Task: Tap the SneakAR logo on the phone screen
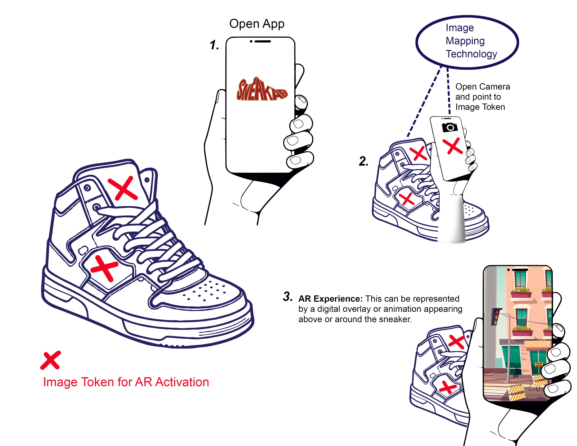262,90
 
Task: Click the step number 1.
214,45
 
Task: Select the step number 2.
364,161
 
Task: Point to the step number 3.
287,296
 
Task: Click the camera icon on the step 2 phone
450,127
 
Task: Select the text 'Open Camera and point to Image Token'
482,97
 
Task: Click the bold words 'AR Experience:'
330,299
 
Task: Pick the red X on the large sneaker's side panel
104,268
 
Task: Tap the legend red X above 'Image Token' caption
51,360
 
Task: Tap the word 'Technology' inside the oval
471,54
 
